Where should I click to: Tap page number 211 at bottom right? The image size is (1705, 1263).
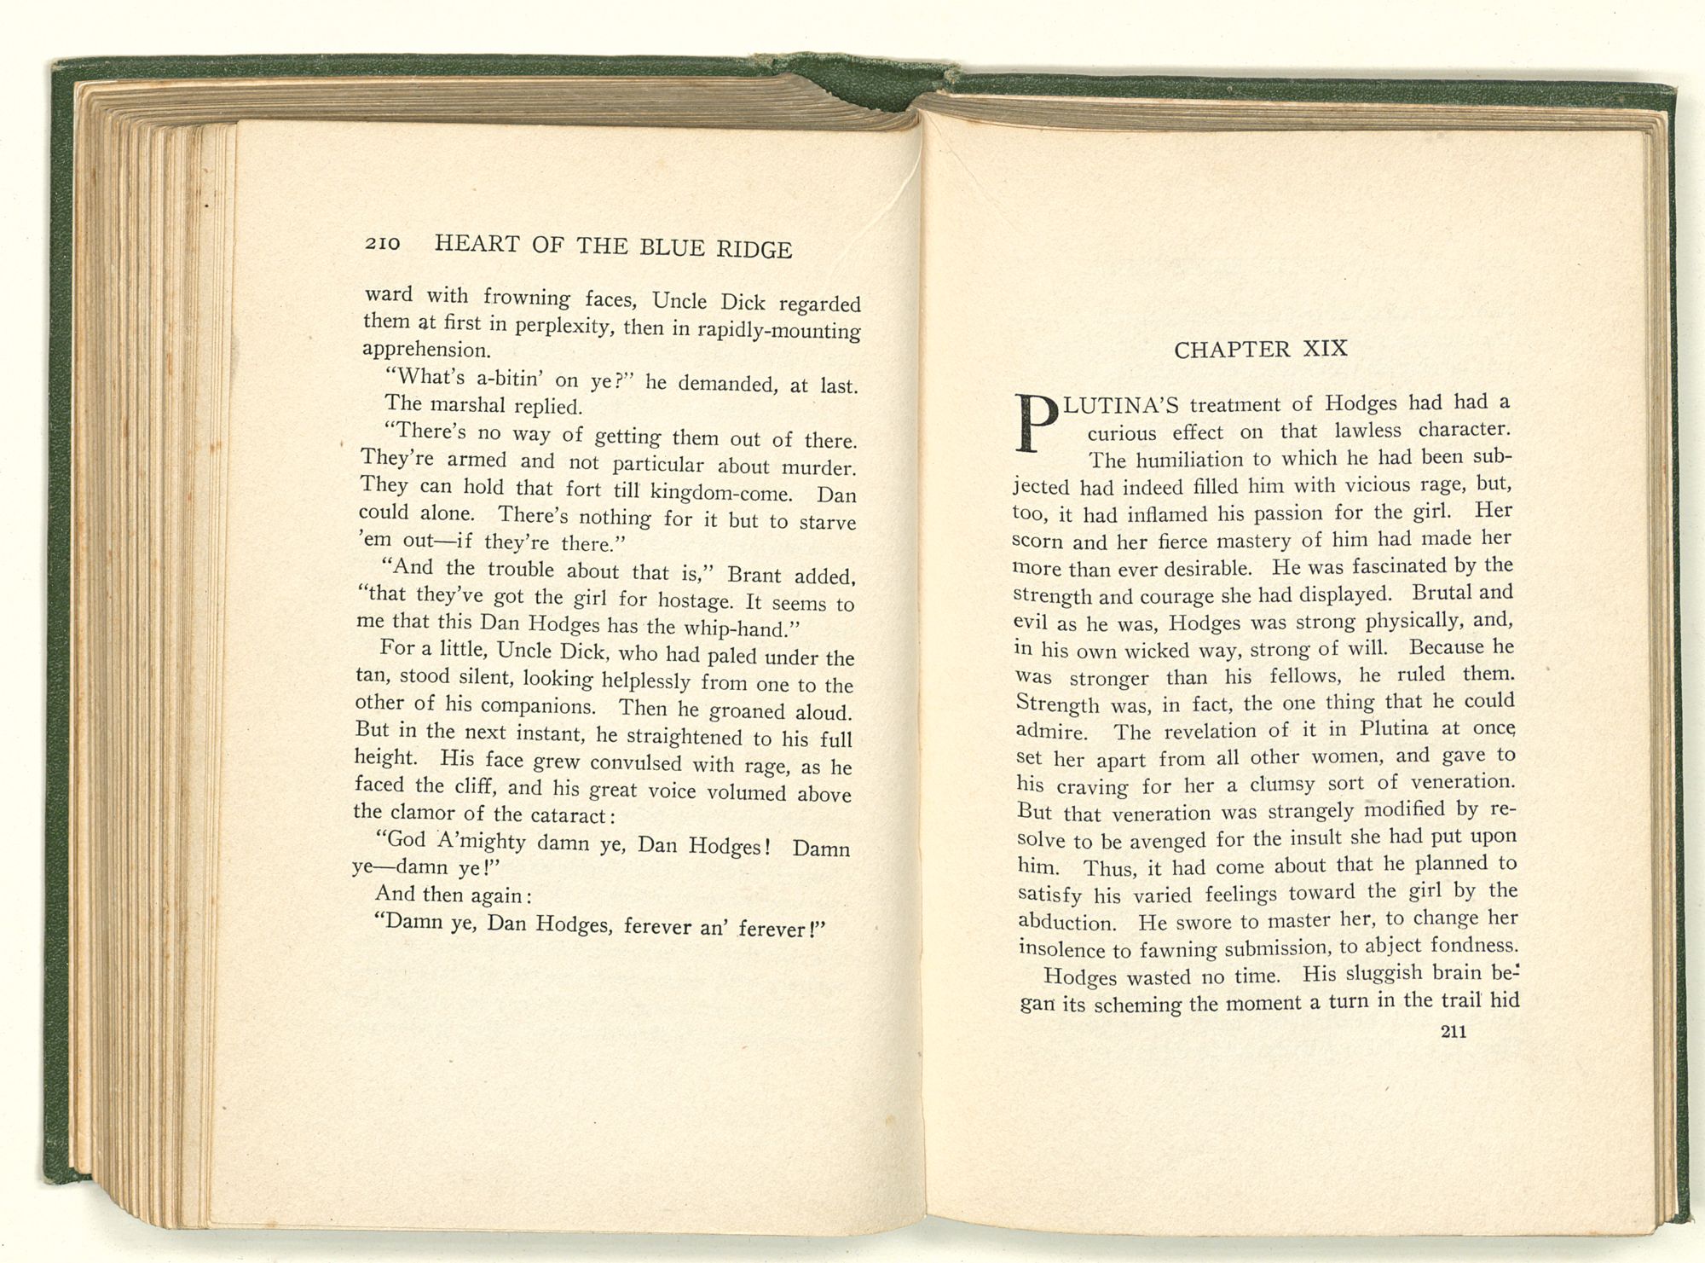tap(1453, 1031)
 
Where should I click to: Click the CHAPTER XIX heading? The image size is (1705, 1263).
tap(1261, 350)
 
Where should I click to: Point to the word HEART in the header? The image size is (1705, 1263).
tap(477, 244)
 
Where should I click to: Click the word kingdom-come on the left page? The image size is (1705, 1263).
tap(721, 492)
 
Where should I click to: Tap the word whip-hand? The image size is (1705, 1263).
tap(742, 629)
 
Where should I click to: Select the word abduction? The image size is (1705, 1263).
tap(1067, 923)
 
